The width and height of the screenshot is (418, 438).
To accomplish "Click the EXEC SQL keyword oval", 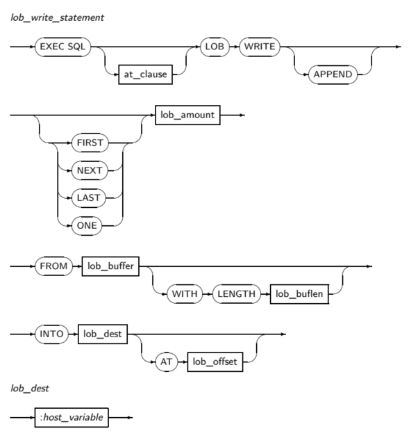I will [x=63, y=47].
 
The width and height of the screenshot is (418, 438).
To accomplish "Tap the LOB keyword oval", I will [x=213, y=47].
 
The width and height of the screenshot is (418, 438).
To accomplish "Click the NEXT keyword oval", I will [x=90, y=170].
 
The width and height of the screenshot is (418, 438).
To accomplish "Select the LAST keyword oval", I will [x=90, y=197].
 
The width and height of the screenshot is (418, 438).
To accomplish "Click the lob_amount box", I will [x=187, y=115].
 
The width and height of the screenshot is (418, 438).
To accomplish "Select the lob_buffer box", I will [x=110, y=266].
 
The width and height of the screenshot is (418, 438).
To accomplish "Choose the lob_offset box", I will [x=216, y=362].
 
